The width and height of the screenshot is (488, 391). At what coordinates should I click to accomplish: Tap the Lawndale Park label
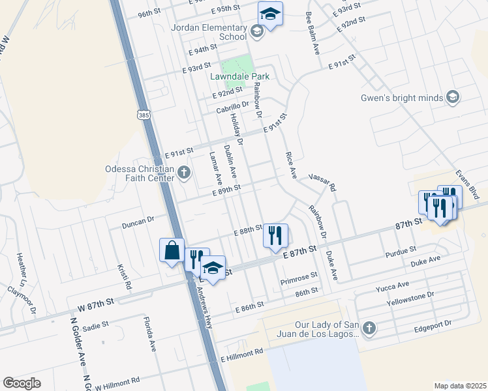coord(239,76)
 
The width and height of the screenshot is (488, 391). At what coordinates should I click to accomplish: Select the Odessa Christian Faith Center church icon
coord(184,173)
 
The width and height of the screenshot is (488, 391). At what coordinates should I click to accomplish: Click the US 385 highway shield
coord(144,115)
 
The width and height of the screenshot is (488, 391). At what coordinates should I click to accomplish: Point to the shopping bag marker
coord(172,250)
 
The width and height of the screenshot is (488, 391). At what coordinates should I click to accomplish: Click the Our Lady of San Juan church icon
coord(369,328)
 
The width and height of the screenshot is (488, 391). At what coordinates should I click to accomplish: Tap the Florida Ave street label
coord(150,334)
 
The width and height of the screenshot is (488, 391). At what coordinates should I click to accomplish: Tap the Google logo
coord(22,383)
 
